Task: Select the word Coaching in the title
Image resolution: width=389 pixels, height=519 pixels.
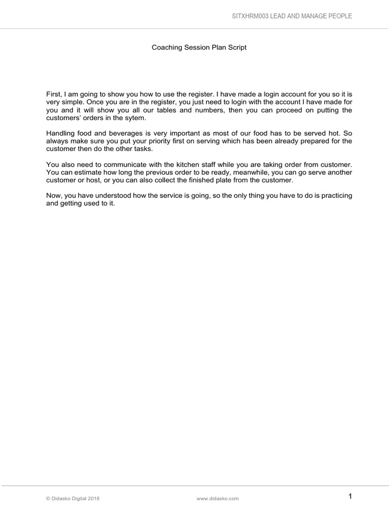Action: pyautogui.click(x=166, y=48)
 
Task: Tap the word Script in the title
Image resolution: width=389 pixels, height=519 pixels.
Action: pyautogui.click(x=237, y=48)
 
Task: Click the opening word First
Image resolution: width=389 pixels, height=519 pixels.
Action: pyautogui.click(x=53, y=94)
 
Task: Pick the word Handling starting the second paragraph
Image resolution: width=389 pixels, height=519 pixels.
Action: pyautogui.click(x=61, y=133)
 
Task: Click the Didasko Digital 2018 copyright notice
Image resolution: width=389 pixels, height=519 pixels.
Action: pyautogui.click(x=72, y=499)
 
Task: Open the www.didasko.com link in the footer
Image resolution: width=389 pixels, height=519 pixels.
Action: pyautogui.click(x=217, y=499)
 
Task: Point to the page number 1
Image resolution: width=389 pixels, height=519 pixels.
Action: pyautogui.click(x=349, y=497)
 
